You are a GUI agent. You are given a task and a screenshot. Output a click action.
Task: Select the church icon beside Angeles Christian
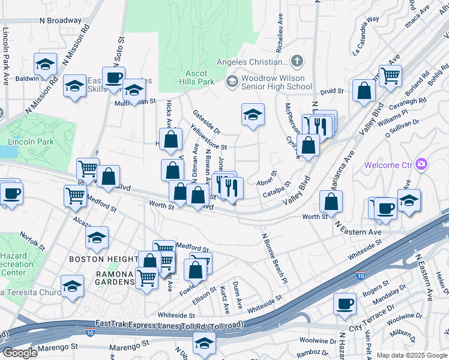(x=297, y=62)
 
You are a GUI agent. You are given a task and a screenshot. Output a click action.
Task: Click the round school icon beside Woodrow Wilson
(x=232, y=82)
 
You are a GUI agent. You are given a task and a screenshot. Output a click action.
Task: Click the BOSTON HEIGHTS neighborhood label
(x=103, y=259)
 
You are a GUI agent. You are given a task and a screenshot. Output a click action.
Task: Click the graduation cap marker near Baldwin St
(x=45, y=64)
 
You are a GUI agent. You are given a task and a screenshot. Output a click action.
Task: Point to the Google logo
(x=19, y=352)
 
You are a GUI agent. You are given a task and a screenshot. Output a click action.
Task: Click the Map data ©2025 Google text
(x=411, y=355)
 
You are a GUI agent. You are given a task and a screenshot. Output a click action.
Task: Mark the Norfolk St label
(x=32, y=241)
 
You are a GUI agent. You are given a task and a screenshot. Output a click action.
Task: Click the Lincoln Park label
(x=26, y=142)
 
